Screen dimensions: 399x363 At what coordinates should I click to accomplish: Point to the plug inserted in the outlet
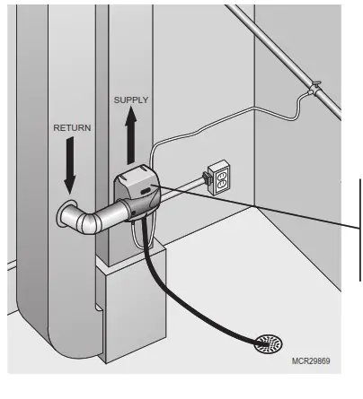tap(208, 178)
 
